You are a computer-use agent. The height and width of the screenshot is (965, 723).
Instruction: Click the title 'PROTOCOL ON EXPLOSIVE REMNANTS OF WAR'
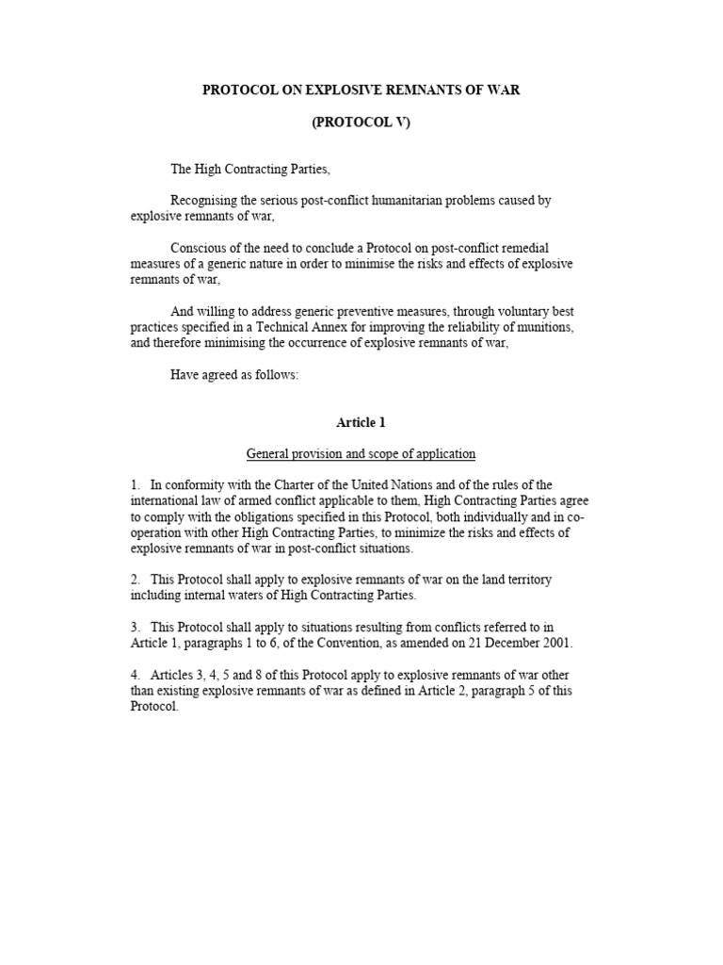click(361, 90)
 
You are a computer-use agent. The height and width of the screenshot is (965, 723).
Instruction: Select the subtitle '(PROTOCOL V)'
click(361, 123)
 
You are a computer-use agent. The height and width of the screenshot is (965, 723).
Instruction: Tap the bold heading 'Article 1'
click(361, 422)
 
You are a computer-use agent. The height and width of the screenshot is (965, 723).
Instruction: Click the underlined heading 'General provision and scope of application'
click(361, 454)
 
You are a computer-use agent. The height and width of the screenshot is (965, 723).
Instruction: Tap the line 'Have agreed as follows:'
click(233, 374)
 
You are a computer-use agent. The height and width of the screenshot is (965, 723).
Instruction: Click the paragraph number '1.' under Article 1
click(136, 485)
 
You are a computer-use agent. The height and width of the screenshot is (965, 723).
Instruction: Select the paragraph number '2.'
click(136, 581)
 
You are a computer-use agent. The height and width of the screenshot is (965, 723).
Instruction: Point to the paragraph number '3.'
click(136, 628)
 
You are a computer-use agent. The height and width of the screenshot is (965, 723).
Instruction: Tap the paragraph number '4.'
click(136, 676)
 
